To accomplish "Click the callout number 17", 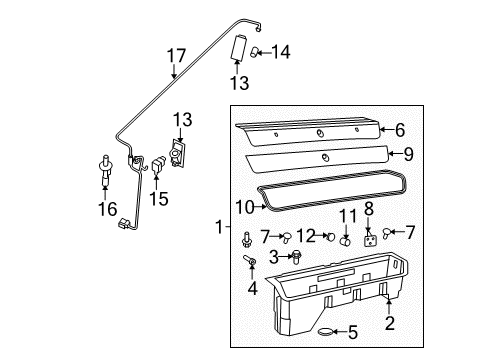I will (176, 57).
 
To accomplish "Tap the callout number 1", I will (217, 228).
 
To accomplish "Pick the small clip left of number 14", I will (257, 49).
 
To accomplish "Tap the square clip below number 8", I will (371, 240).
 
